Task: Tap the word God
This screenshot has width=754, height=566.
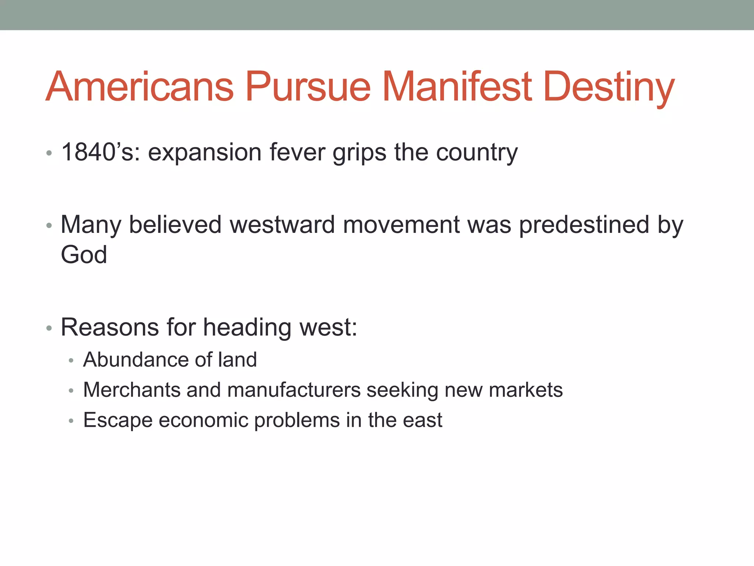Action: (x=84, y=255)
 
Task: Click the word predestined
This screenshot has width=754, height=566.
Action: (x=584, y=225)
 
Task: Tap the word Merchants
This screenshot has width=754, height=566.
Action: (x=131, y=390)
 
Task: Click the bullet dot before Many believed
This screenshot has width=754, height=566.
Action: (x=49, y=226)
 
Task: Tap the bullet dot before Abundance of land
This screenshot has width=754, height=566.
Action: (x=71, y=360)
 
